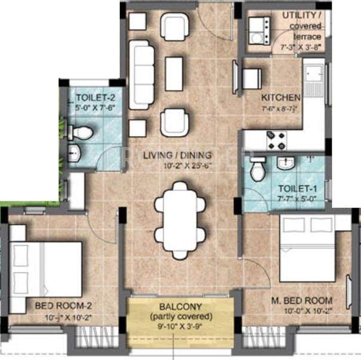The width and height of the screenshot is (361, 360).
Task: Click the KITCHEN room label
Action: (x=280, y=97)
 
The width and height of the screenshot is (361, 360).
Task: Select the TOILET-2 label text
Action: (x=91, y=95)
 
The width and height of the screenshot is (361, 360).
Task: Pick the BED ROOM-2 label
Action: (x=63, y=306)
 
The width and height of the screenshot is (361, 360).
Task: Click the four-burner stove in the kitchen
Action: (x=274, y=140)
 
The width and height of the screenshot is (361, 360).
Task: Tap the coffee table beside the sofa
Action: (x=174, y=73)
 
